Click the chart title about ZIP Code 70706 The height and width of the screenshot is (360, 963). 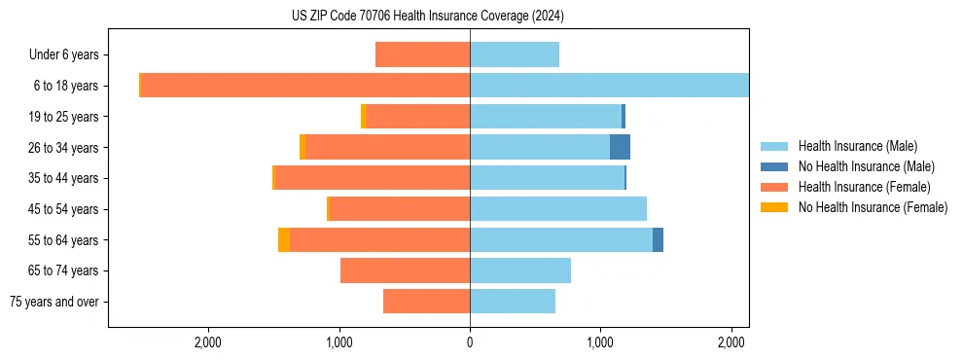427,17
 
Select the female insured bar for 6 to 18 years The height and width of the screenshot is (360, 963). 305,86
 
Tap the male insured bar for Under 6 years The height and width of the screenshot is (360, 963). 515,54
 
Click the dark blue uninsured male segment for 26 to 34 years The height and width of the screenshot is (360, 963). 620,147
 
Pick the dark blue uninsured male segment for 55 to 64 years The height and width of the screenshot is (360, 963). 658,239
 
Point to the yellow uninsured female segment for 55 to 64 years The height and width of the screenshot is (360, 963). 284,239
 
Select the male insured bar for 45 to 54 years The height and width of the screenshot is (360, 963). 558,208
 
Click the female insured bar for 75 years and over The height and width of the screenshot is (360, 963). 426,302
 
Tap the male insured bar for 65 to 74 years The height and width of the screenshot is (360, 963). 520,270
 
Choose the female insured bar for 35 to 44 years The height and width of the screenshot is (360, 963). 373,178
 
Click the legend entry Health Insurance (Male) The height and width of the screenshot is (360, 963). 857,146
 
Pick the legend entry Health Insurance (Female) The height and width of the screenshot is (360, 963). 865,187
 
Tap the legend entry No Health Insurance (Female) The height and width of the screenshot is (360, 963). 873,207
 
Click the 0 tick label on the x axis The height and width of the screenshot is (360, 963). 470,342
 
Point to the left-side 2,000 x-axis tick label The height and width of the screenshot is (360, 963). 208,342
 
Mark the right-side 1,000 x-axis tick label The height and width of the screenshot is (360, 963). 600,342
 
